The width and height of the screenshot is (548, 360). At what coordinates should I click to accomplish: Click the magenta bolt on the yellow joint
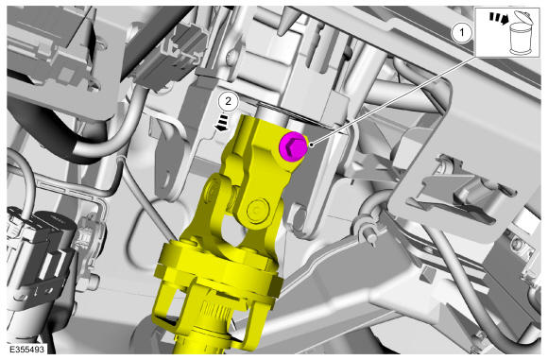(x=293, y=146)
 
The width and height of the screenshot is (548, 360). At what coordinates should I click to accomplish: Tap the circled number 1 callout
(x=462, y=33)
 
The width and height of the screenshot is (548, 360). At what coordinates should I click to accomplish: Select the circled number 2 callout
(x=228, y=101)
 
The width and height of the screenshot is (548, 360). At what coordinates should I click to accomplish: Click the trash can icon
(x=521, y=33)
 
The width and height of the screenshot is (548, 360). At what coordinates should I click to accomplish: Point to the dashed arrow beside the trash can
(x=498, y=19)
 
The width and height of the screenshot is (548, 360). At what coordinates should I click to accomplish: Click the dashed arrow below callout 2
(x=222, y=125)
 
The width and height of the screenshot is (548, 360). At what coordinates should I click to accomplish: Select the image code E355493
(x=26, y=350)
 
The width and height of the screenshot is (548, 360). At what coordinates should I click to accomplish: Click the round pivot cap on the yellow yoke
(x=257, y=210)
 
